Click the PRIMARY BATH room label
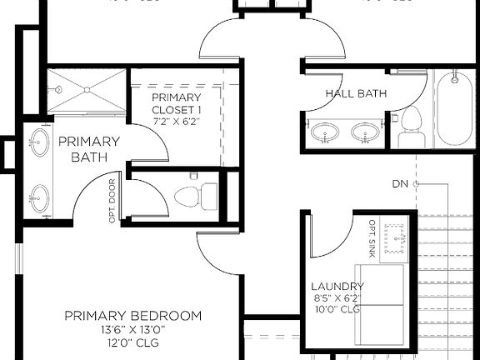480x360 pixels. (x=89, y=149)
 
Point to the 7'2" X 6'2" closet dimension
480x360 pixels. (x=176, y=122)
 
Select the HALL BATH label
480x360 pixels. (x=356, y=93)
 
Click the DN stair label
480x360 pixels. (x=400, y=183)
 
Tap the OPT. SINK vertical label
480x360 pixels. (x=372, y=237)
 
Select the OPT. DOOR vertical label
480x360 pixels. (x=112, y=197)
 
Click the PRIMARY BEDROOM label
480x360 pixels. (x=133, y=316)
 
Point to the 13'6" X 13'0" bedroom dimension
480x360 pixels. (x=133, y=330)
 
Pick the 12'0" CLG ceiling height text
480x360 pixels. (x=133, y=342)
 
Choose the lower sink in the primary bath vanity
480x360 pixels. (x=37, y=198)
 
